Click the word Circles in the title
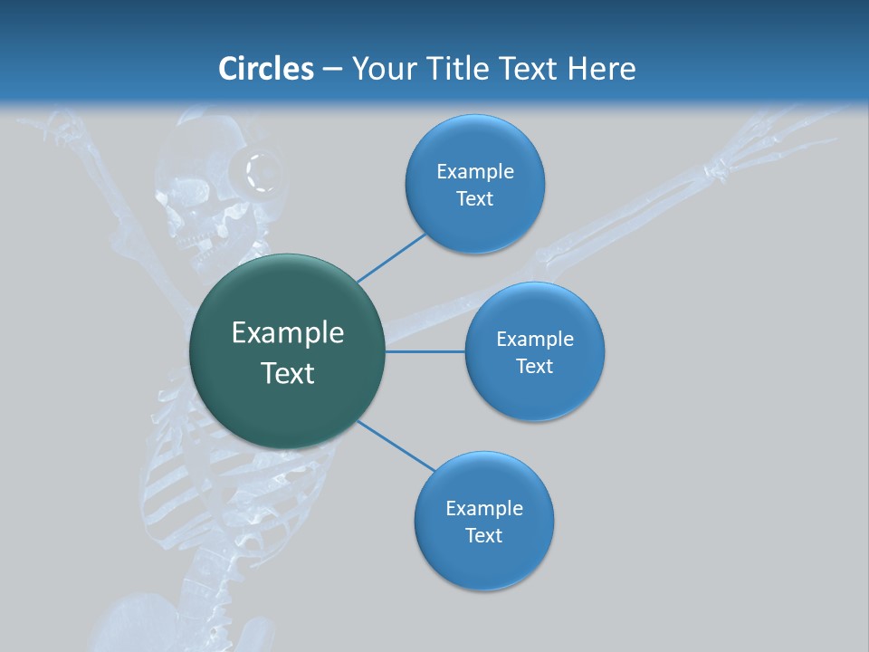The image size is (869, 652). (265, 69)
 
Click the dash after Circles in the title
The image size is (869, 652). (332, 70)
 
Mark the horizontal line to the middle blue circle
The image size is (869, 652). (425, 350)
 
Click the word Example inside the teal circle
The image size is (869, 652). (287, 333)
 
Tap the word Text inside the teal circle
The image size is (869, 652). (287, 373)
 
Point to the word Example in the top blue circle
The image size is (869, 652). (474, 172)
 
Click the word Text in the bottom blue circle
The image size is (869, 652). (483, 536)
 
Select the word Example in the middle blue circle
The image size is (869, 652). (534, 340)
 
